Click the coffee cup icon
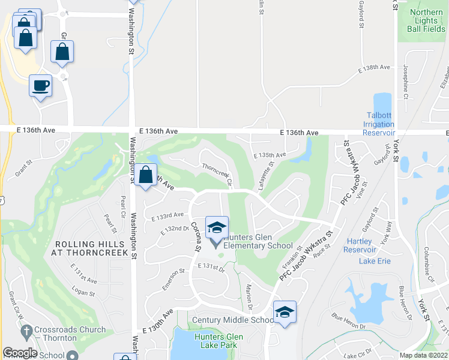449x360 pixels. (x=40, y=86)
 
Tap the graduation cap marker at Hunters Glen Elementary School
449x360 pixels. (x=217, y=227)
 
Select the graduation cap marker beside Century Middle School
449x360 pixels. (x=285, y=312)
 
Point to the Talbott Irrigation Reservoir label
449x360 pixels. (x=379, y=124)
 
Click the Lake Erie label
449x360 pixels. (x=374, y=260)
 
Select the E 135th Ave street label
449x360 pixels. (x=270, y=155)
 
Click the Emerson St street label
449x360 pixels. (x=173, y=280)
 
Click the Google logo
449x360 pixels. (x=20, y=353)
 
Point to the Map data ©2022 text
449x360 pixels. (x=423, y=355)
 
